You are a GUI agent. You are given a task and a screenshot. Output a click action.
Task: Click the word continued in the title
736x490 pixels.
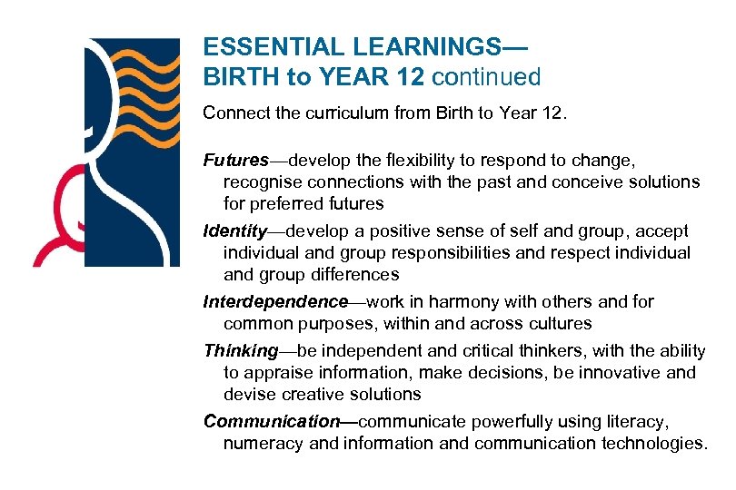coord(486,77)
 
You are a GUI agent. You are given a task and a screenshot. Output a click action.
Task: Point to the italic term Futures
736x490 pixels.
coord(235,161)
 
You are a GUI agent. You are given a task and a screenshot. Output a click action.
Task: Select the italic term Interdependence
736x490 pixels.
coord(276,301)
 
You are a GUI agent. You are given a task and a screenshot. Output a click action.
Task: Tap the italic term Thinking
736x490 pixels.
coord(241,350)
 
